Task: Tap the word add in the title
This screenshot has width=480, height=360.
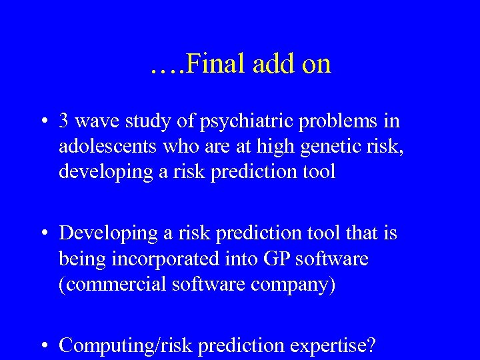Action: pos(269,64)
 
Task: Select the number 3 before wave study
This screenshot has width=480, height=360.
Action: pos(64,121)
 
